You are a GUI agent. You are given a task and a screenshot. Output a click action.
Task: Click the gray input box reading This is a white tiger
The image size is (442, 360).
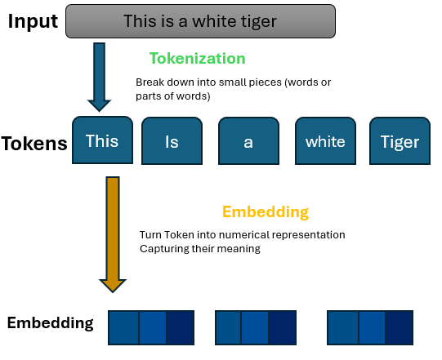[199, 21]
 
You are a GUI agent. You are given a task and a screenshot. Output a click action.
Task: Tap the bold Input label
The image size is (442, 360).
[32, 21]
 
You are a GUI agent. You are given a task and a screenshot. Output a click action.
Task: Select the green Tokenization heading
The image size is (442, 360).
[197, 59]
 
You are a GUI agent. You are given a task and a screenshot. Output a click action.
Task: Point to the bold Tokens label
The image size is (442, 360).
[34, 144]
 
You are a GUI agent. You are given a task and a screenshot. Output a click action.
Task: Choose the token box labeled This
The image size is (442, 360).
[102, 140]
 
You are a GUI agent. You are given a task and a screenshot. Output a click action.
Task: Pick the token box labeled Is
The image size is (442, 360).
[172, 142]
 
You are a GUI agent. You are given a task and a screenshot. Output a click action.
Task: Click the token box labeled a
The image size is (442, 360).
[248, 142]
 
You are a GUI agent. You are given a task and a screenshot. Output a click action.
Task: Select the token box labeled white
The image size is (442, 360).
[325, 142]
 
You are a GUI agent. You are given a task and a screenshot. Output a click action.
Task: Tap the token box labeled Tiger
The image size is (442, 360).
[400, 142]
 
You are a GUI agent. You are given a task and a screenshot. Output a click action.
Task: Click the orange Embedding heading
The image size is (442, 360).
[265, 212]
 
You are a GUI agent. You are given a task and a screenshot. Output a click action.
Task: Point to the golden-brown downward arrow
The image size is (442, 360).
[113, 233]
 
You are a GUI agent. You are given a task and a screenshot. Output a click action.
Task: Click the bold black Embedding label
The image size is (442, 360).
[50, 322]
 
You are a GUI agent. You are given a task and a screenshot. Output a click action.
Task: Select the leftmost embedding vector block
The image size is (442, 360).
[151, 327]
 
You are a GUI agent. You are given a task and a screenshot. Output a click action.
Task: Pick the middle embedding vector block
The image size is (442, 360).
[256, 327]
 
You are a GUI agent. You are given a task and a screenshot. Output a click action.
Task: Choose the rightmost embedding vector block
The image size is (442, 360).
[371, 327]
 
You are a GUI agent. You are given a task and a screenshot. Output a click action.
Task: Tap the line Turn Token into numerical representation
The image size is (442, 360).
[242, 235]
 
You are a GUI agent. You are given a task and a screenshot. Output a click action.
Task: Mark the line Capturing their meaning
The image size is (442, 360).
[199, 248]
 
